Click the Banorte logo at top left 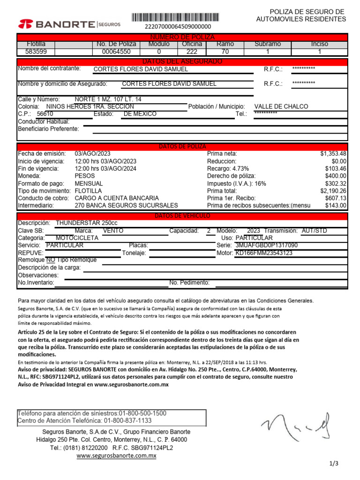coord(69,24)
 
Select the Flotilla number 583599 coord(36,52)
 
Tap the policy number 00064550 coord(116,52)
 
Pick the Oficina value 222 coord(192,52)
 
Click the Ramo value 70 coord(225,52)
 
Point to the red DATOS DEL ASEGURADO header coord(182,61)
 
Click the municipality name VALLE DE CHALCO coord(281,106)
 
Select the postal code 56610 coord(45,114)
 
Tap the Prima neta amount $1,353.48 coord(333,153)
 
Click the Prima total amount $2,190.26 coord(333,191)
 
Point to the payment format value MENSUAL coord(89,183)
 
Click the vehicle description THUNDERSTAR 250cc coord(87,223)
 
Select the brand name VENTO coord(113,231)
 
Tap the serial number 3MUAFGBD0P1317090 coord(266,245)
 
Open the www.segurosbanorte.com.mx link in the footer coord(116,456)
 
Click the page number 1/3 coord(334,464)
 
